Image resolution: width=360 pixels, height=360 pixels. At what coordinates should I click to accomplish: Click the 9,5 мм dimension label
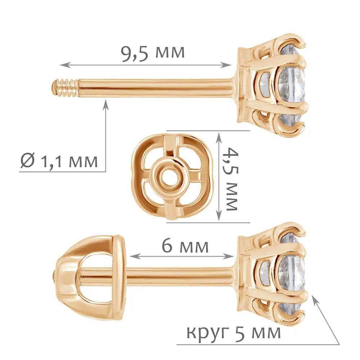click(153, 54)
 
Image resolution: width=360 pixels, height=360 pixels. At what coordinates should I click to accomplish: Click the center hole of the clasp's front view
click(169, 176)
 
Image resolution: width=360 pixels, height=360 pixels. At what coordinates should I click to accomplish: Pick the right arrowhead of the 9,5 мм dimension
click(227, 65)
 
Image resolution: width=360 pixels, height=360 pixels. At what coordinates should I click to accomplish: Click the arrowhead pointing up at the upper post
click(105, 104)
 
